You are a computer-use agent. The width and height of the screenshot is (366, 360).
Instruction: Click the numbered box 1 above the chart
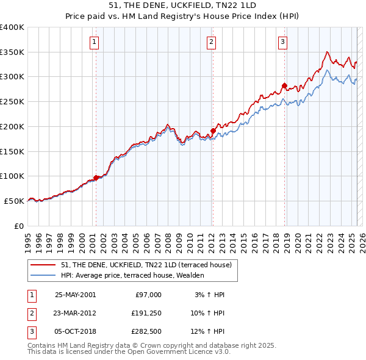click(95, 42)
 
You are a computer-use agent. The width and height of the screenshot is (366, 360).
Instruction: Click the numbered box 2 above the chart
click(211, 42)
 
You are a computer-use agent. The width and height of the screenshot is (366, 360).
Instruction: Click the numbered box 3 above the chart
click(284, 42)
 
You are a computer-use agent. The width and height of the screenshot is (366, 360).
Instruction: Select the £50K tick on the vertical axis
click(15, 201)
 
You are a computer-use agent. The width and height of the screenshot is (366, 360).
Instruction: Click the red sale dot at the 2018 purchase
click(284, 85)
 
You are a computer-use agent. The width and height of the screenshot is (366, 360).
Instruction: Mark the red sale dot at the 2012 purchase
click(213, 130)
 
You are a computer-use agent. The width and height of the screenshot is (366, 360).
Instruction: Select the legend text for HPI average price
click(132, 276)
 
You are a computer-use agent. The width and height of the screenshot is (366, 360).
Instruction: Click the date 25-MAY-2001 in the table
click(75, 294)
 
